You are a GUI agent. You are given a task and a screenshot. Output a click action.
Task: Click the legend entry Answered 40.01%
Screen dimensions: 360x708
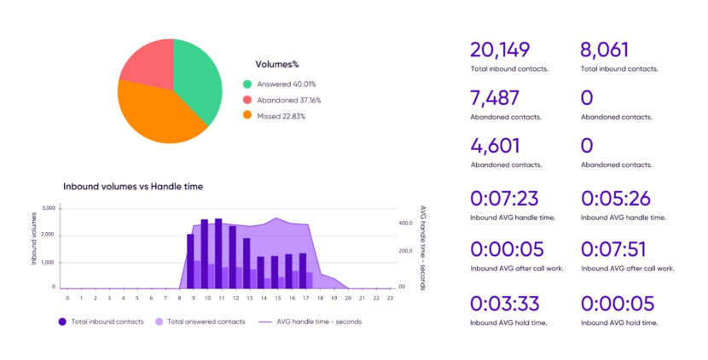click(280, 84)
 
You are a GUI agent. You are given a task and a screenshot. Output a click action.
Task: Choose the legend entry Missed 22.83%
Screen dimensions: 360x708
click(275, 116)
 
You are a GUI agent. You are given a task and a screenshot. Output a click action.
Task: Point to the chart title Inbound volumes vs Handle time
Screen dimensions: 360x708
click(133, 186)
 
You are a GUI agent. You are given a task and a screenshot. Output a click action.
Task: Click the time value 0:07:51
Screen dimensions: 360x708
click(614, 250)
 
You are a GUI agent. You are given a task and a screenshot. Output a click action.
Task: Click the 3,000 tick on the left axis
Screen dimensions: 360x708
click(48, 208)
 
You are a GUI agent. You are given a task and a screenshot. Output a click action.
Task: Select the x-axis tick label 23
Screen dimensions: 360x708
click(389, 298)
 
